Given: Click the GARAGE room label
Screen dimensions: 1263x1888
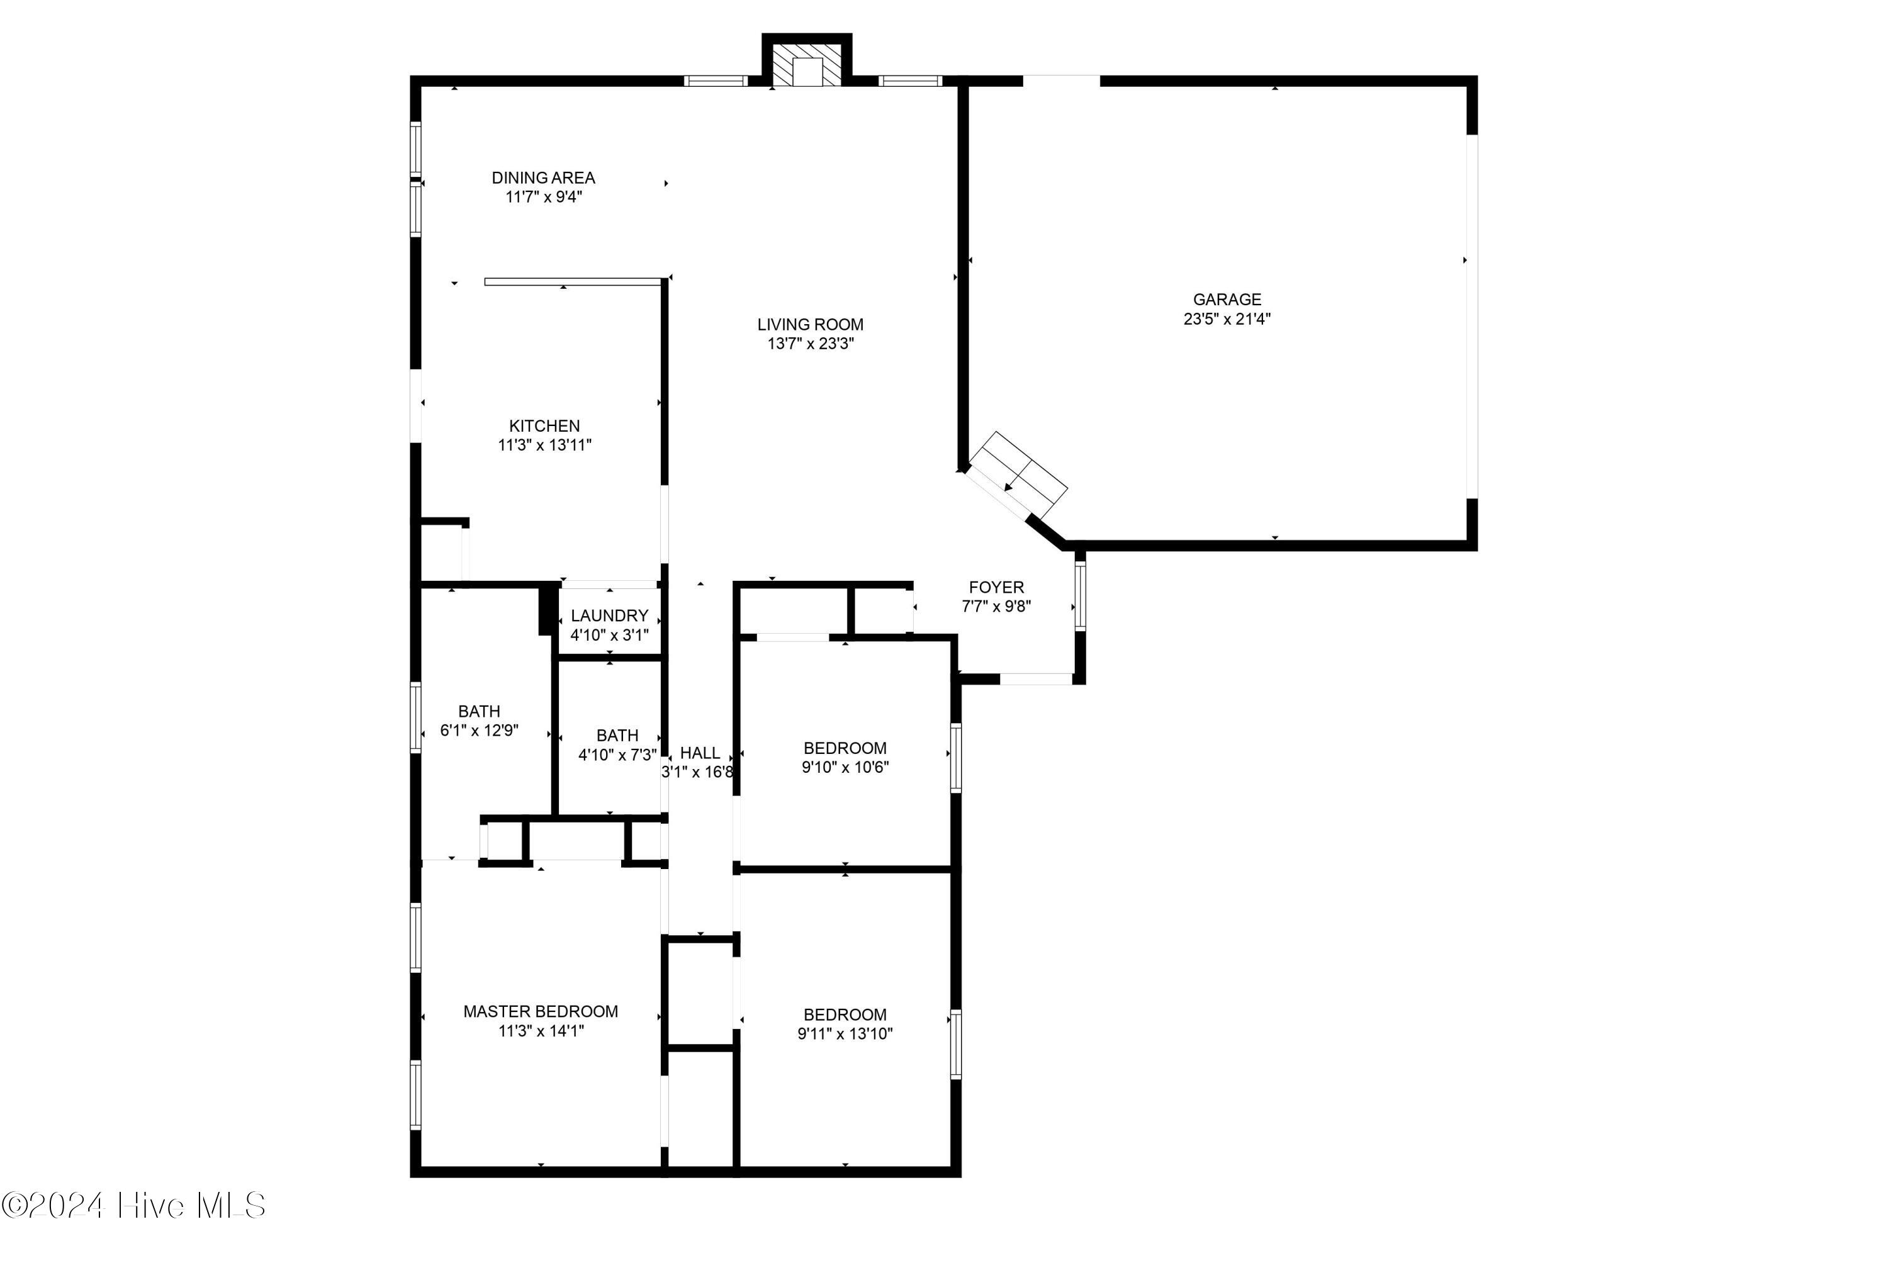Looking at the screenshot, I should coord(1226,299).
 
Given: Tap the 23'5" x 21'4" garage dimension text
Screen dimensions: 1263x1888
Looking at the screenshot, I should coord(1226,319).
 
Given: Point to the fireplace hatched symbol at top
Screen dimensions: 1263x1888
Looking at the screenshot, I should coord(806,65).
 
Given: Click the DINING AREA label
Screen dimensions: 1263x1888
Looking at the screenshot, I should coord(543,177).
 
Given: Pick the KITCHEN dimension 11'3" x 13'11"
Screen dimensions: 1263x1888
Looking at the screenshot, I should coord(544,446).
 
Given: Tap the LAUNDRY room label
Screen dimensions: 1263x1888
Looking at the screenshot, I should coord(609,615).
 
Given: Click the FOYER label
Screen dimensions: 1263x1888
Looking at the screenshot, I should coord(996,587).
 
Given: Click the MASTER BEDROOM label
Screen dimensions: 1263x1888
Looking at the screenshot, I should coord(541,1012).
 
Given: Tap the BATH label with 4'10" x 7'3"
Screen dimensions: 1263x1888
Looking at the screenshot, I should coord(617,736).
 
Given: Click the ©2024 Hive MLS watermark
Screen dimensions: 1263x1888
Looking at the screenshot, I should coord(133,1206).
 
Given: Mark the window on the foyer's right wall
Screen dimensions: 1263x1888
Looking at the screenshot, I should coord(1079,595).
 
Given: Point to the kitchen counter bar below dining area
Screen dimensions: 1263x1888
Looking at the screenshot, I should coord(572,281).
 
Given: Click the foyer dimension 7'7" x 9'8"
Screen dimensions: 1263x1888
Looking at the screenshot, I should coord(996,607).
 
